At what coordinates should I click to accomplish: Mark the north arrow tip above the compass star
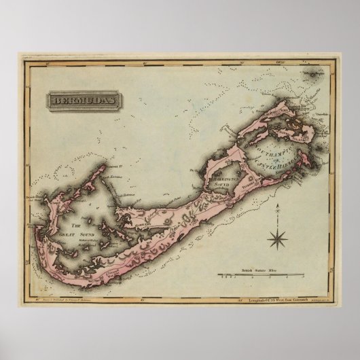click(x=277, y=211)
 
